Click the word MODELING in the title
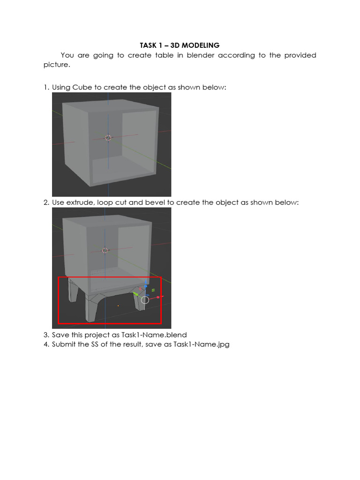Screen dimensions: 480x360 [x=201, y=45]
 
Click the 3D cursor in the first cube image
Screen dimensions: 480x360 [x=108, y=138]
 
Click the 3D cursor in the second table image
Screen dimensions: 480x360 [x=105, y=251]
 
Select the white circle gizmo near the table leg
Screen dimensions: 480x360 [x=145, y=300]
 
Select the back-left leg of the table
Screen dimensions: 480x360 [x=73, y=291]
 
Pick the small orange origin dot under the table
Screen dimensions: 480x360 [x=118, y=306]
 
